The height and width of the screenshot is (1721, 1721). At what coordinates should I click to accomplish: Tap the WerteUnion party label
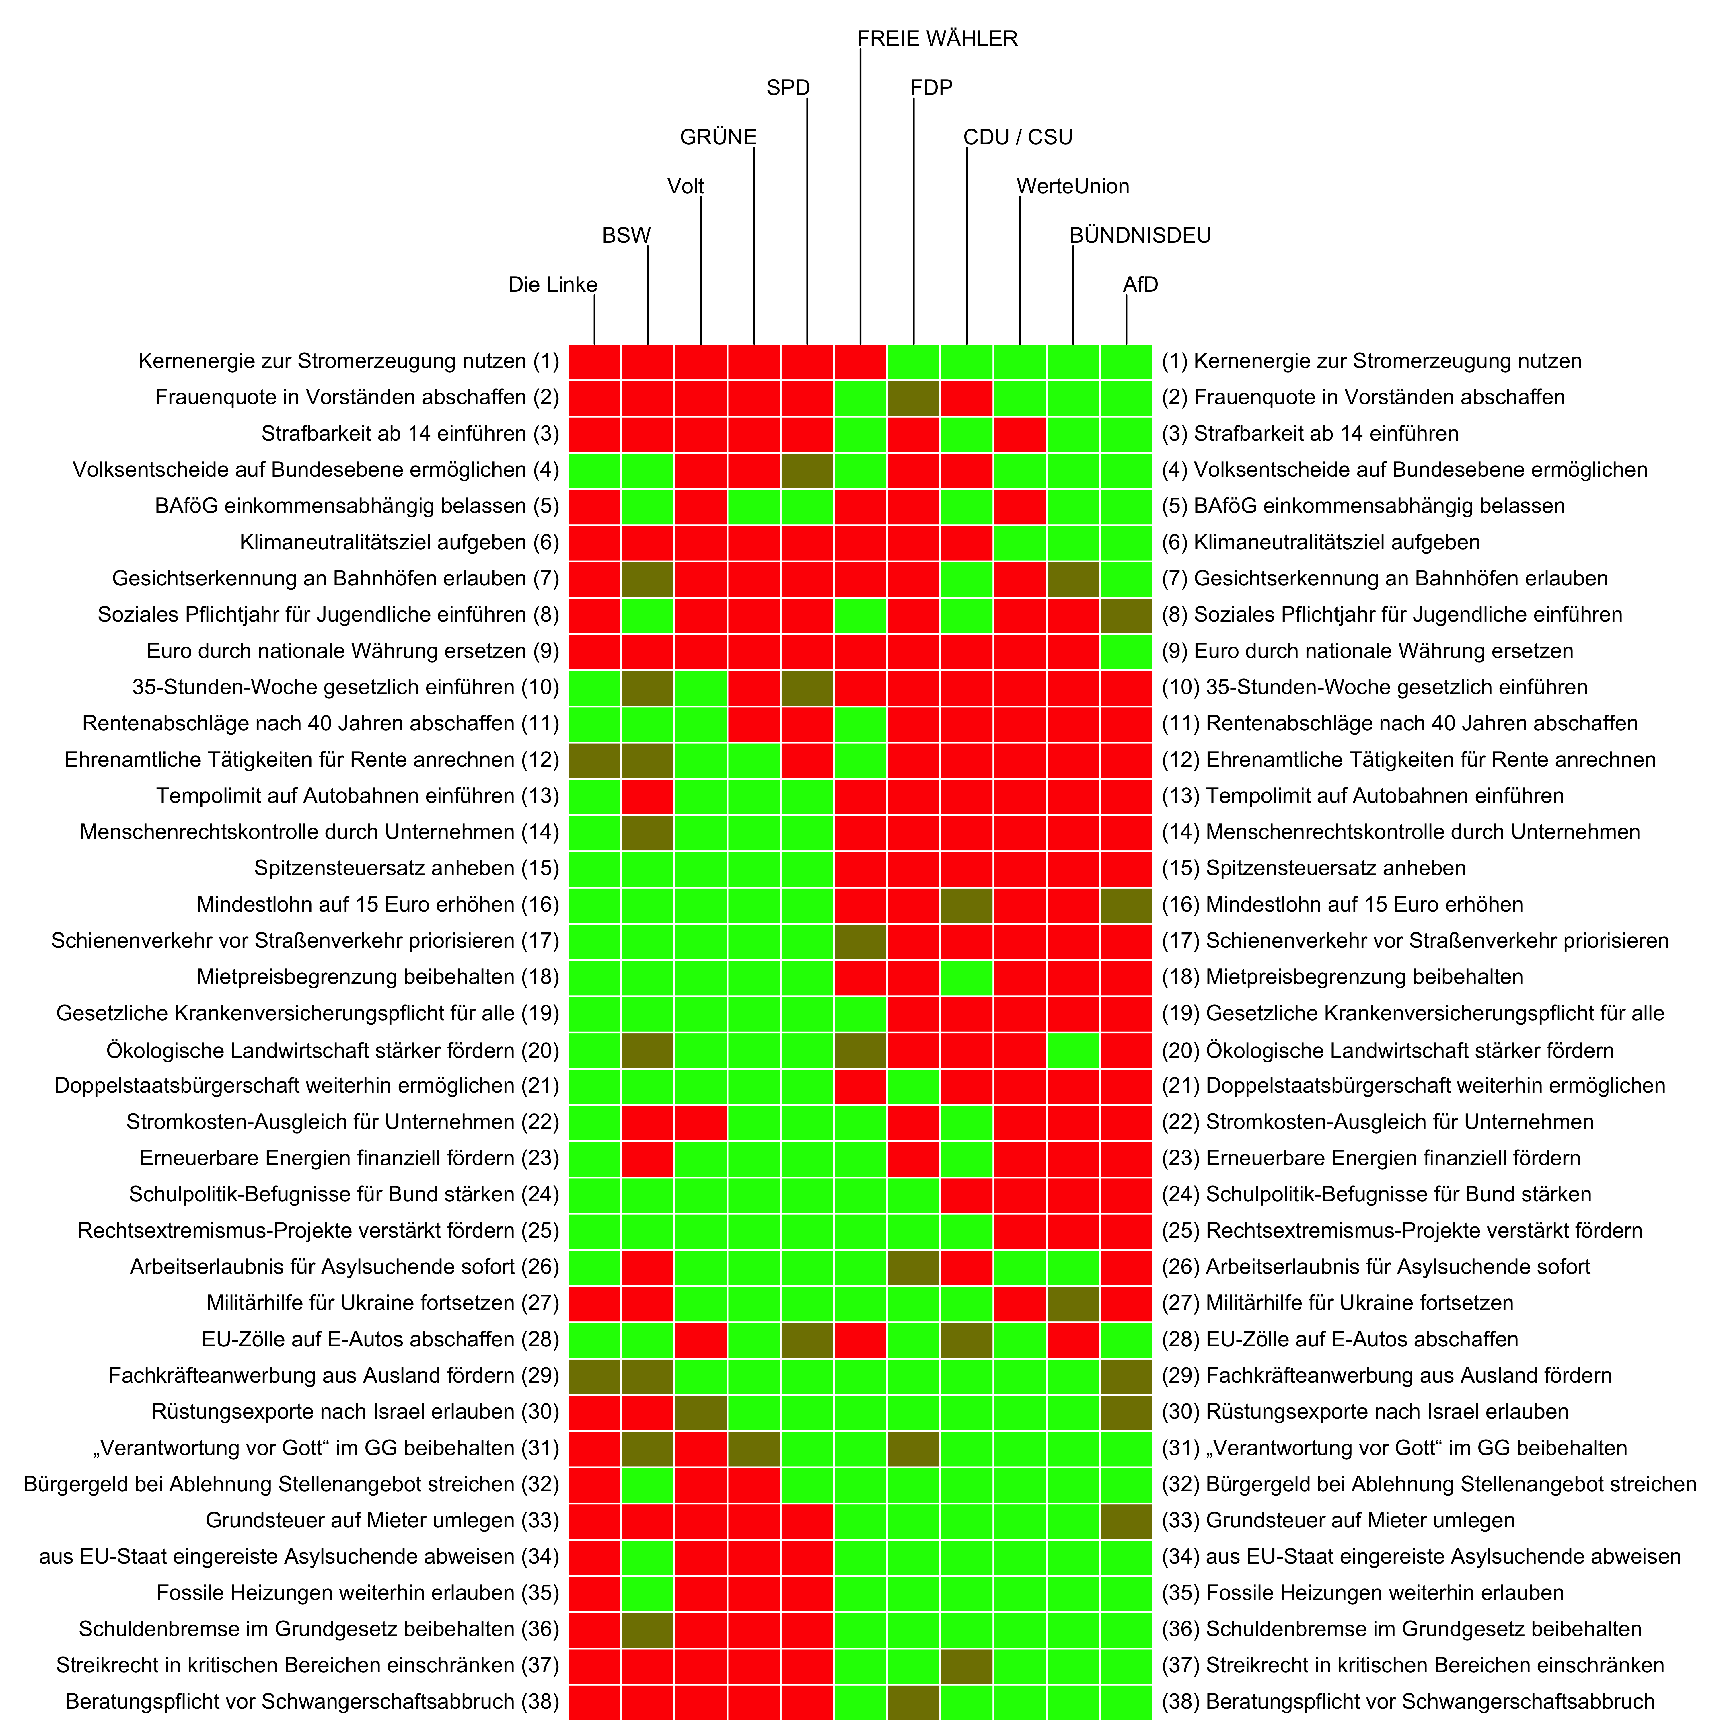1072,186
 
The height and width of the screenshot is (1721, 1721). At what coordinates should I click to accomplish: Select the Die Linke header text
552,285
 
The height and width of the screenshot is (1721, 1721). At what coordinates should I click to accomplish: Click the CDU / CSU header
1017,137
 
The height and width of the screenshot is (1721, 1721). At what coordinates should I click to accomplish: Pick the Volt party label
685,186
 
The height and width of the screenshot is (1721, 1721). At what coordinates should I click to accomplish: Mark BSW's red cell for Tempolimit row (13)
648,795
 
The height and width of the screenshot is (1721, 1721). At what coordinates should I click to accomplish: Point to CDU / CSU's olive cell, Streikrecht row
967,1665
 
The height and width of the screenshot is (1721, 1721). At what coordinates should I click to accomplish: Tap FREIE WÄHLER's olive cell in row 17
860,941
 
